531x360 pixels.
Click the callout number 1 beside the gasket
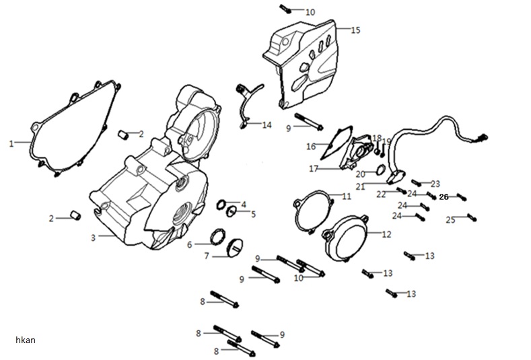point(11,143)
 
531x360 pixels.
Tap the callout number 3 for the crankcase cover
point(93,238)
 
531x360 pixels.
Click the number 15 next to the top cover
point(355,30)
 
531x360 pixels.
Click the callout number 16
point(311,147)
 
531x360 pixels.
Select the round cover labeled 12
point(345,239)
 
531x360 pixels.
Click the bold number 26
point(444,196)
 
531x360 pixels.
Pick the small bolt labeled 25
point(472,217)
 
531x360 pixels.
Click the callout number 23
point(435,184)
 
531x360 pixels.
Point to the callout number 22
point(381,194)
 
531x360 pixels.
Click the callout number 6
point(189,244)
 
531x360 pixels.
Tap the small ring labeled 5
point(231,212)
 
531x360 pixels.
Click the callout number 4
point(244,205)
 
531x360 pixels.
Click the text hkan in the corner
point(26,340)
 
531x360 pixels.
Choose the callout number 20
point(360,174)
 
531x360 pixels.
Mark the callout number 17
point(314,169)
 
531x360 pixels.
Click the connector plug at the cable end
point(483,137)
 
